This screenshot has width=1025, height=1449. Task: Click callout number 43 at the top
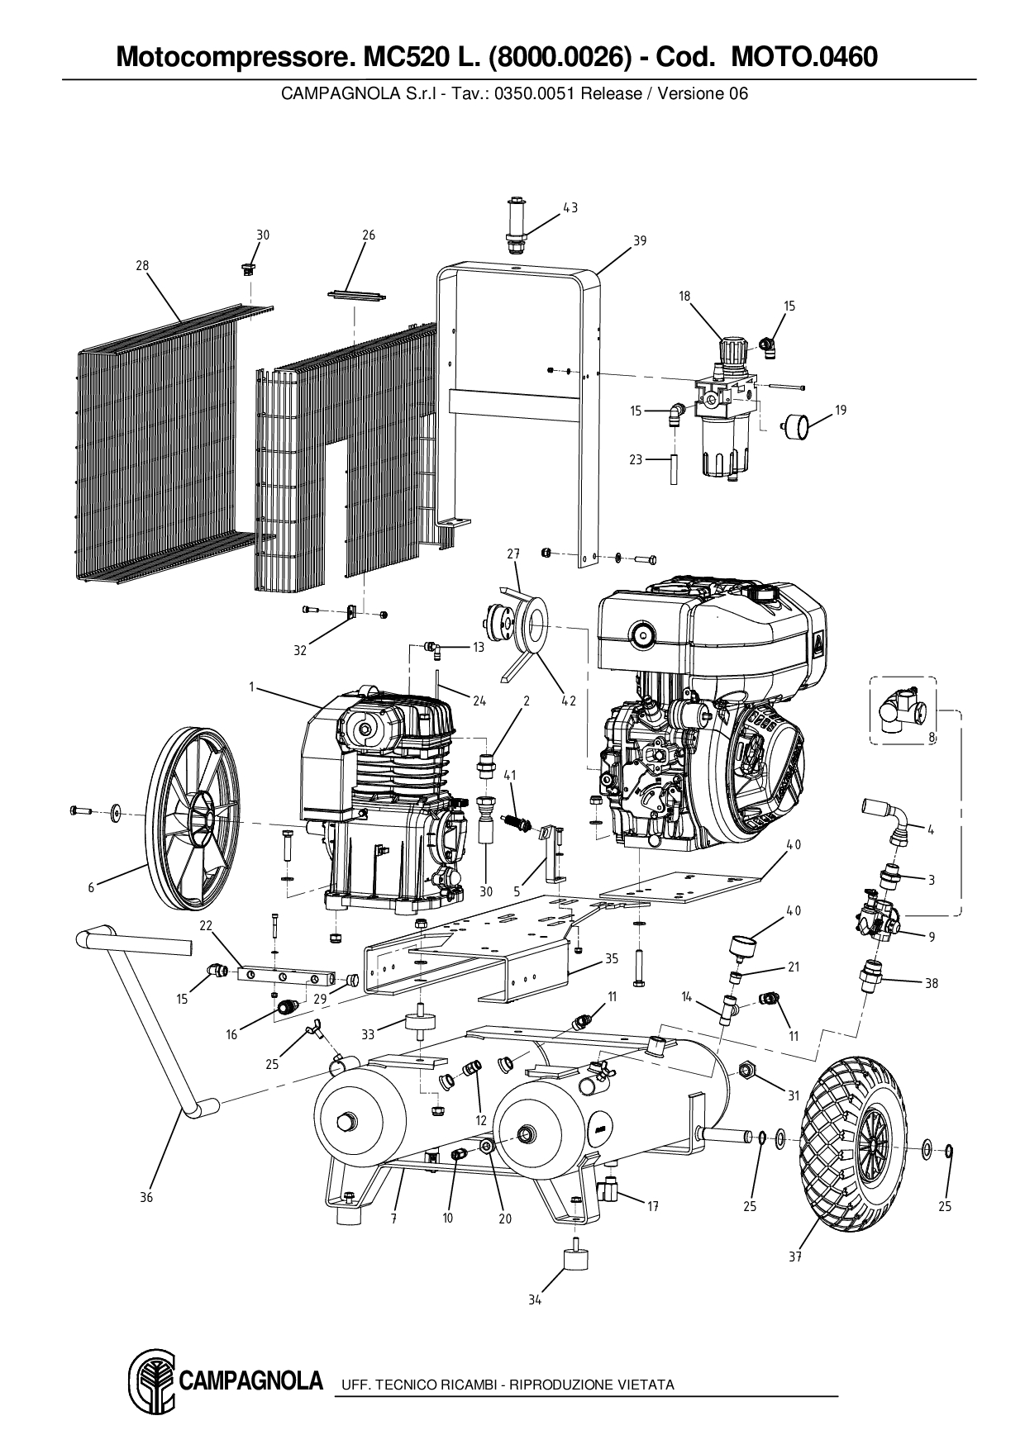(x=570, y=208)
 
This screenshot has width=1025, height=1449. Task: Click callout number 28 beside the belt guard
(x=142, y=265)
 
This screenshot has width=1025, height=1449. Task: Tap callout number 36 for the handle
(x=146, y=1197)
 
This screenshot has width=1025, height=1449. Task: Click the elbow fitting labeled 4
(x=889, y=815)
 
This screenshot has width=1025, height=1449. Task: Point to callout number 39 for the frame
(x=640, y=240)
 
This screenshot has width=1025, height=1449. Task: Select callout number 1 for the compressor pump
(x=250, y=686)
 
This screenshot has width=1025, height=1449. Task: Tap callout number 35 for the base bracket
(x=612, y=959)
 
